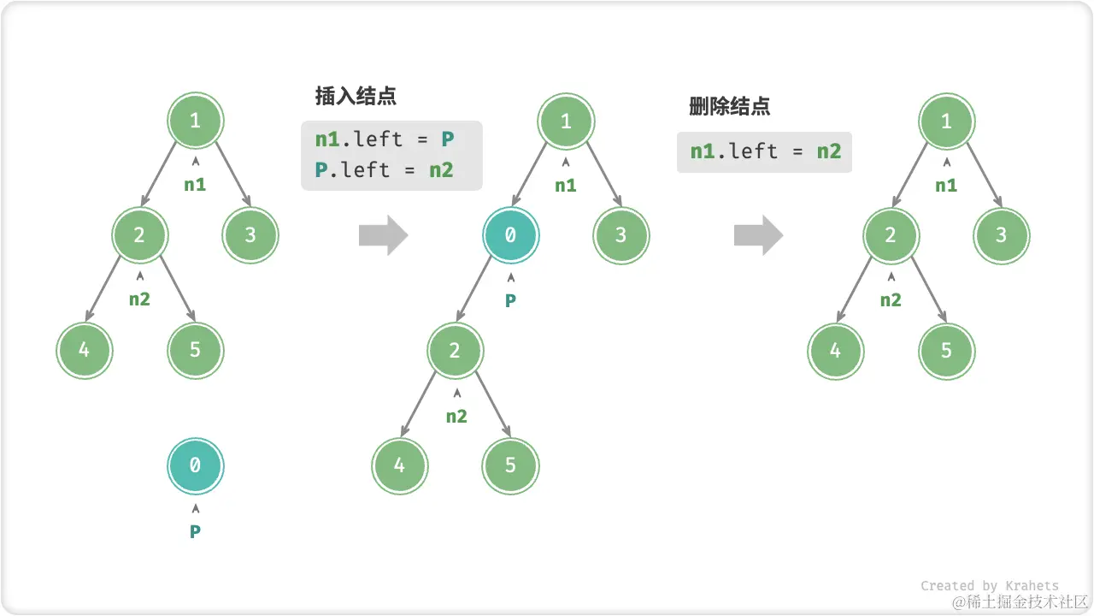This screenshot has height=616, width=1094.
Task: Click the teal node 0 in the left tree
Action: pyautogui.click(x=195, y=465)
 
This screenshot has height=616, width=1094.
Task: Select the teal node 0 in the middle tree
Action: pyautogui.click(x=510, y=234)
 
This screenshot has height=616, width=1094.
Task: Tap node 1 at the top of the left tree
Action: pyautogui.click(x=195, y=121)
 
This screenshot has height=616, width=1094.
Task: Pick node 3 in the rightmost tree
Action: pyautogui.click(x=1002, y=234)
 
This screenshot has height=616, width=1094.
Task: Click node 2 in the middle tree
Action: pyautogui.click(x=455, y=350)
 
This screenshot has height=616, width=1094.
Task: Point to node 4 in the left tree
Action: pyautogui.click(x=84, y=349)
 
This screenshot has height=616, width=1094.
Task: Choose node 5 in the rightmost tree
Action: pyautogui.click(x=946, y=349)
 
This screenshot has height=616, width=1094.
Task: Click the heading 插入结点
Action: pyautogui.click(x=356, y=96)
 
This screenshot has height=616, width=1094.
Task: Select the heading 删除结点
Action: pyautogui.click(x=729, y=107)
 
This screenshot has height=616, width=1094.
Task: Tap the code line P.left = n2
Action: pyautogui.click(x=385, y=169)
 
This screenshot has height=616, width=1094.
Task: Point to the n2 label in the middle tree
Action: pyautogui.click(x=456, y=417)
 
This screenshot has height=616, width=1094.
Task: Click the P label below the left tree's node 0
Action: pyautogui.click(x=195, y=531)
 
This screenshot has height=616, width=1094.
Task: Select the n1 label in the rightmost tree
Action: pyautogui.click(x=946, y=185)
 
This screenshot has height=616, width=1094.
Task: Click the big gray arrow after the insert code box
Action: pyautogui.click(x=384, y=235)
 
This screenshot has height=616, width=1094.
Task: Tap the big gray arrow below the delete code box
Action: pyautogui.click(x=758, y=235)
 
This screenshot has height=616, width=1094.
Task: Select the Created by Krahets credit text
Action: pyautogui.click(x=989, y=586)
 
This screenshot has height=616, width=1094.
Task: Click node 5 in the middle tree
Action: pyautogui.click(x=510, y=465)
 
